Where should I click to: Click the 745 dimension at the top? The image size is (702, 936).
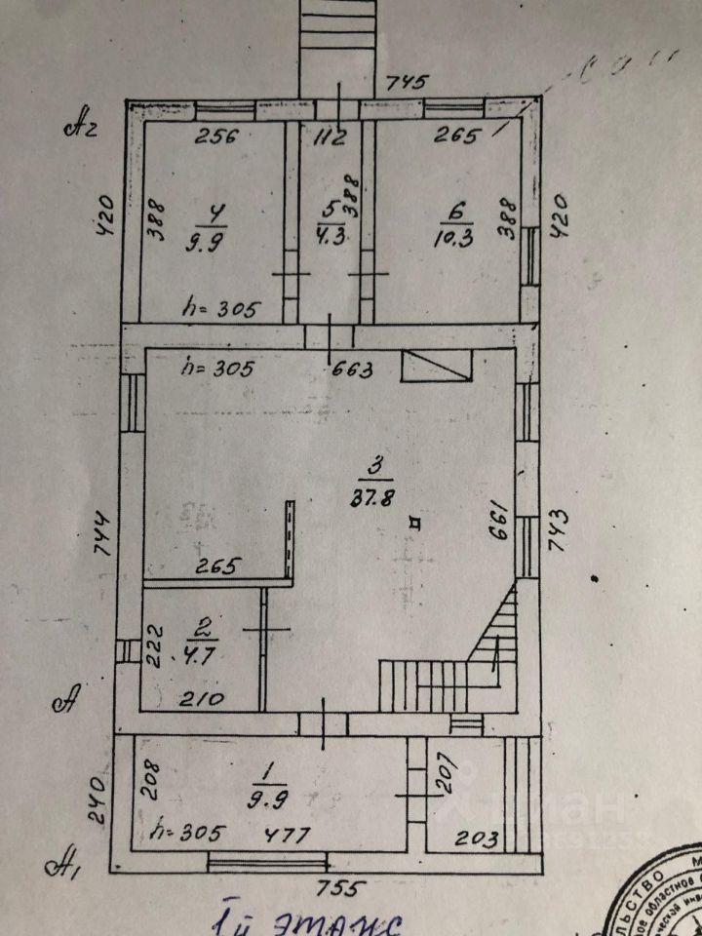(408, 82)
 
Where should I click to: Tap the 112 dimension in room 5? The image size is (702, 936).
(331, 137)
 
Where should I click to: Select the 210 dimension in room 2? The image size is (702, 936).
(205, 698)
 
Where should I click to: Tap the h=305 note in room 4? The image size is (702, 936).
(222, 310)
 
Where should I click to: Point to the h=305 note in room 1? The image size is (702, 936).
(190, 834)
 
